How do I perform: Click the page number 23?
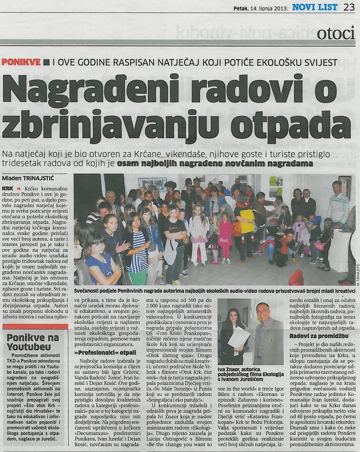coord(349,7)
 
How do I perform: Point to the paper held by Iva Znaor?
coord(238,337)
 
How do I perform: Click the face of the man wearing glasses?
coord(263,311)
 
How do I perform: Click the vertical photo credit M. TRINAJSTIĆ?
coord(357,280)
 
